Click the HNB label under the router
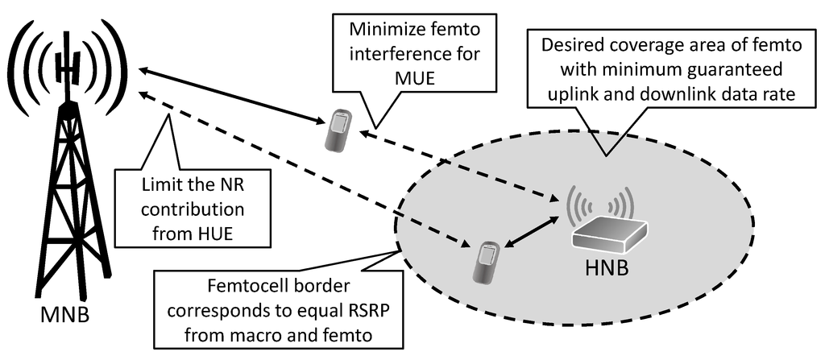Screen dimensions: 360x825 click(609, 263)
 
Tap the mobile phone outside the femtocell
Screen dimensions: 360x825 click(338, 131)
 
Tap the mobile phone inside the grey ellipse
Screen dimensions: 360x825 click(486, 262)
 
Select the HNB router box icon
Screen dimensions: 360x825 click(609, 230)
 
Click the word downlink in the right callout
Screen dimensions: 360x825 click(690, 94)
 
